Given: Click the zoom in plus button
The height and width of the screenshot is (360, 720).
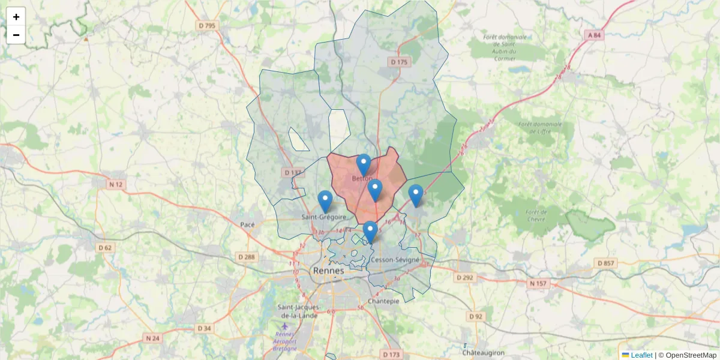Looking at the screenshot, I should click(16, 17).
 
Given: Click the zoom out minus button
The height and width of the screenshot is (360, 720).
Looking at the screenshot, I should click(16, 35).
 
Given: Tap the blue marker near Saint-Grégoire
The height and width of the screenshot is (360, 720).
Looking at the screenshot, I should click(325, 201).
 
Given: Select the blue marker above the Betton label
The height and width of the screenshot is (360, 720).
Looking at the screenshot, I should click(364, 164).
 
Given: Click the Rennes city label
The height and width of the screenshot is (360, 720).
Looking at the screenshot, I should click(329, 271).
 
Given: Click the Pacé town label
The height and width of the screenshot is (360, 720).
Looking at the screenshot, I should click(247, 225).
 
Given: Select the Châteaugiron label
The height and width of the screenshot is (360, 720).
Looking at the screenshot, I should click(483, 353).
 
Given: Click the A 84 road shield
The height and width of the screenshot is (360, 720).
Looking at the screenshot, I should click(594, 35).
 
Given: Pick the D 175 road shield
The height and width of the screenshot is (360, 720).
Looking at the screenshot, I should click(399, 62).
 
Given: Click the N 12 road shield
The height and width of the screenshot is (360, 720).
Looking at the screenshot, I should click(116, 184).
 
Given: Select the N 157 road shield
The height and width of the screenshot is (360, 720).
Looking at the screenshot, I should click(539, 283).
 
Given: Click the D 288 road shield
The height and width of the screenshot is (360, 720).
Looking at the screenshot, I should click(247, 257).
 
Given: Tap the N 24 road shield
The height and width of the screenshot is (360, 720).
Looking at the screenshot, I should click(153, 338).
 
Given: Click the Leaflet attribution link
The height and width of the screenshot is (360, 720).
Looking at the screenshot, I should click(641, 355).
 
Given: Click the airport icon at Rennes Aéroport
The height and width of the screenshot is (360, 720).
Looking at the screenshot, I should click(284, 326).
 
